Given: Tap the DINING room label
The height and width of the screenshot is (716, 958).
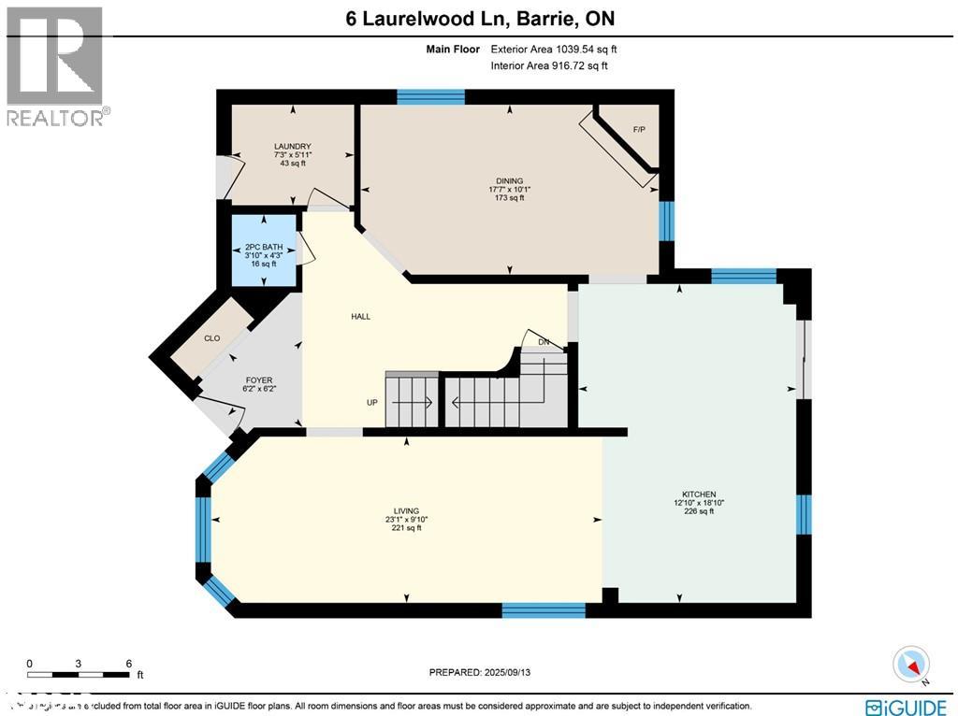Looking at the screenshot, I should pyautogui.click(x=509, y=181).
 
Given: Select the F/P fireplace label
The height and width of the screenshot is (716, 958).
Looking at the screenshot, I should pyautogui.click(x=639, y=129).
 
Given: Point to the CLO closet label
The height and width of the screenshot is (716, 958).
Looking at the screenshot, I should pyautogui.click(x=212, y=338).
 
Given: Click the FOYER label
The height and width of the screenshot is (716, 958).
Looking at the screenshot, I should pyautogui.click(x=259, y=380).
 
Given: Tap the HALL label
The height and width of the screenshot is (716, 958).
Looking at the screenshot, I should pyautogui.click(x=360, y=317).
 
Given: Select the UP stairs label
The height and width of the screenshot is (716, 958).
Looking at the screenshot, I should pyautogui.click(x=371, y=403).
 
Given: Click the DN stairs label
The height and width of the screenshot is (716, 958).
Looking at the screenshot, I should pyautogui.click(x=544, y=342).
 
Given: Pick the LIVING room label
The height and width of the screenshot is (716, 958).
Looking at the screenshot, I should pyautogui.click(x=406, y=511).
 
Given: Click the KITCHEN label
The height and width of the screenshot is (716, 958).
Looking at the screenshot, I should pyautogui.click(x=699, y=494).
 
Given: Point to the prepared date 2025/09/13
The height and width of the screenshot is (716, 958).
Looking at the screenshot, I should pyautogui.click(x=486, y=672).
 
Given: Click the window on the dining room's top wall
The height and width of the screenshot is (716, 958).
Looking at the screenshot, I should pyautogui.click(x=430, y=96).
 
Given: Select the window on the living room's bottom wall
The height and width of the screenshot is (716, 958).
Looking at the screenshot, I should pyautogui.click(x=544, y=610).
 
